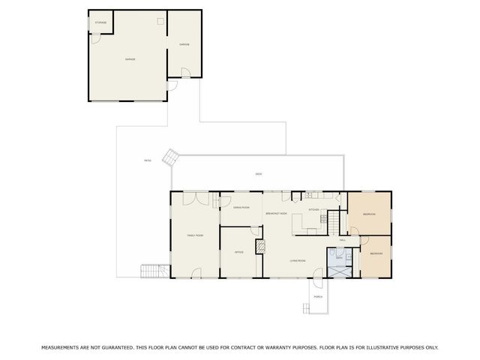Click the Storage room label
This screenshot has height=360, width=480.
tap(100, 22)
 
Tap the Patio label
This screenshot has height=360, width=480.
tap(148, 160)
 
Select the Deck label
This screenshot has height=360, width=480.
tap(258, 174)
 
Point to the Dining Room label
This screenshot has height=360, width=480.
tap(241, 207)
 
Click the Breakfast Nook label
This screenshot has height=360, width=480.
tap(276, 214)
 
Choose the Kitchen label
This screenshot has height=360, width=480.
tap(315, 210)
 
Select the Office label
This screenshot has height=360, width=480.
tap(238, 252)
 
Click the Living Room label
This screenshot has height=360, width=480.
tap(298, 260)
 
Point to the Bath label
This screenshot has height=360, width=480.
tap(339, 258)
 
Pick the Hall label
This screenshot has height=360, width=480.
tap(342, 240)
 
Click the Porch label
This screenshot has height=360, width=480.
tap(319, 297)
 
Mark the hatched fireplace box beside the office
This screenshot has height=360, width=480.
tap(260, 247)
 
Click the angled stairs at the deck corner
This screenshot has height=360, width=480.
tap(172, 157)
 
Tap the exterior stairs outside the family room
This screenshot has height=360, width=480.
tap(152, 271)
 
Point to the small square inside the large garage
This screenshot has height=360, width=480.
tap(158, 21)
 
